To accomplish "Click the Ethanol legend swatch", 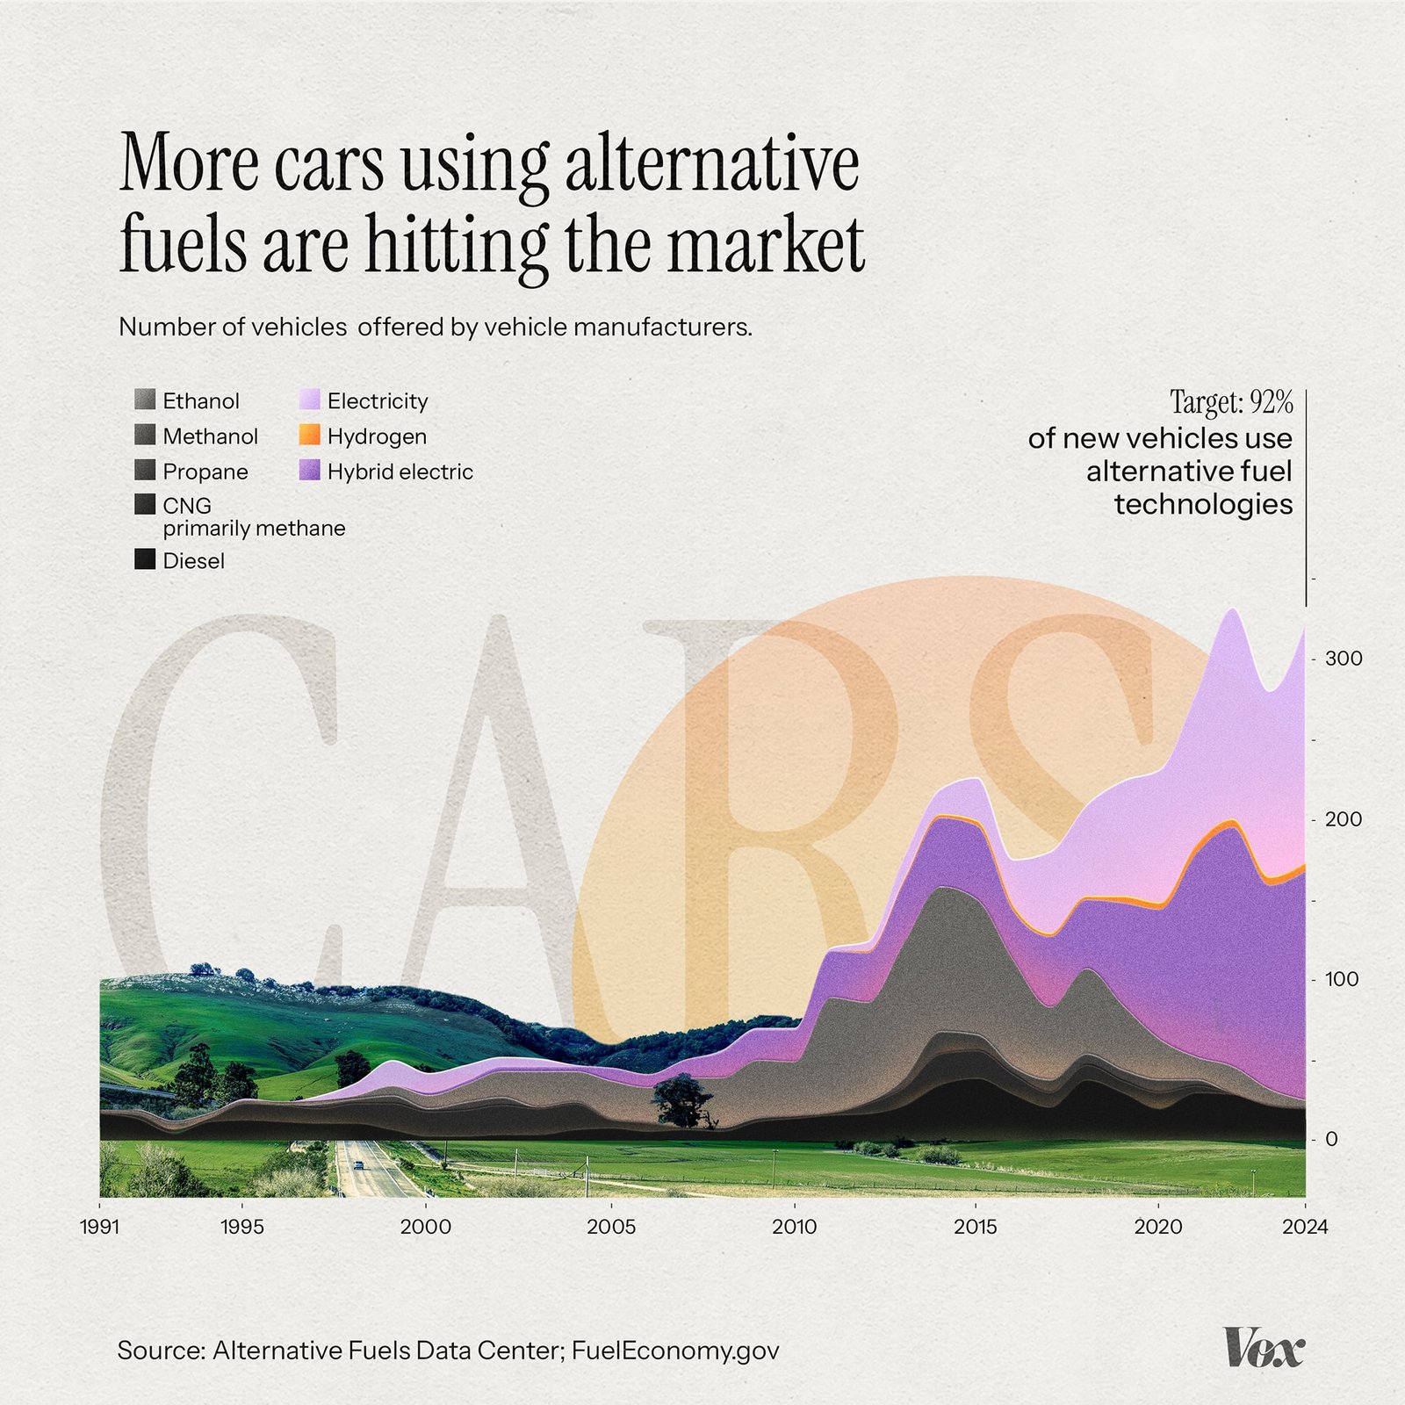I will tap(145, 400).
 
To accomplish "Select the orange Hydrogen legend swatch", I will tap(309, 436).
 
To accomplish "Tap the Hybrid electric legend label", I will tap(400, 472).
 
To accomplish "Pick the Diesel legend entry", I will tap(193, 560).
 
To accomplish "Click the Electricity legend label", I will tap(378, 401).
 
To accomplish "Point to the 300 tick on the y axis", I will tap(1344, 658).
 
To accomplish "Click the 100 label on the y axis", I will tap(1342, 978).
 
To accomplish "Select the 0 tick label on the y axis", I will tap(1331, 1139).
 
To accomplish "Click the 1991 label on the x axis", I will tap(99, 1227).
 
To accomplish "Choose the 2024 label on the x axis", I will tap(1305, 1227).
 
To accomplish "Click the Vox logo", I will tap(1264, 1348).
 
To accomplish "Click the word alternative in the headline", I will tap(711, 164).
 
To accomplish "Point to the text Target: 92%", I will tap(1231, 402).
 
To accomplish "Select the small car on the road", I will tap(358, 1165).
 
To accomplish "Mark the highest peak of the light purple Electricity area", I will tap(1232, 609).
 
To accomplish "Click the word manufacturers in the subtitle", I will tap(662, 327).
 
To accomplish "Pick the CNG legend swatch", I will tap(145, 505).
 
